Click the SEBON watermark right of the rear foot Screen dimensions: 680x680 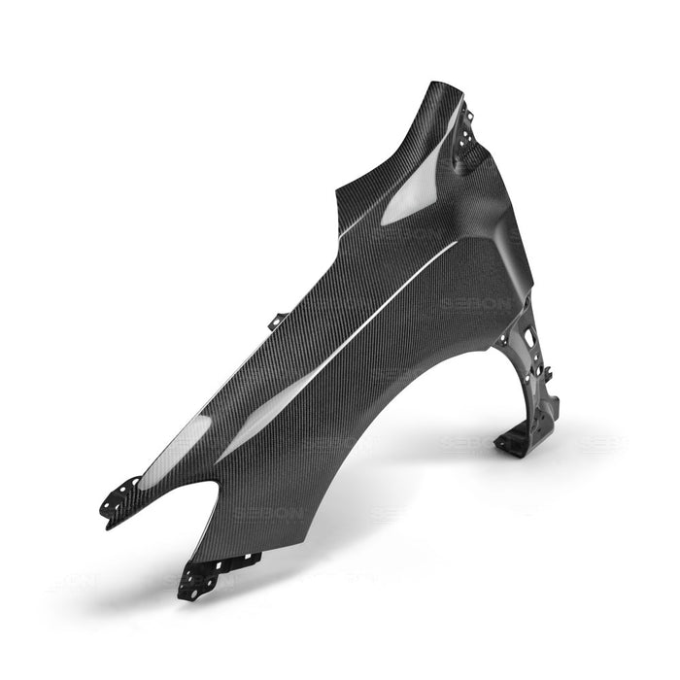[602, 442]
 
